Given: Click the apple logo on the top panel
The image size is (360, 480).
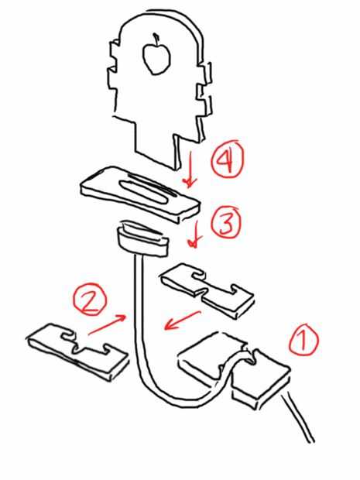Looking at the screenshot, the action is pos(156,57).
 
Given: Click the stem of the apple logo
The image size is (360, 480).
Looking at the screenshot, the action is pos(156,39).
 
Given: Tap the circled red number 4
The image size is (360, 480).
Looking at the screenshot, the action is pos(228,160).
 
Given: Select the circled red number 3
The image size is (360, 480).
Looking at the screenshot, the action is pos(227,222).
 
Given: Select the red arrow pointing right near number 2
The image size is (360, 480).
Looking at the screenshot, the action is pos(107,324).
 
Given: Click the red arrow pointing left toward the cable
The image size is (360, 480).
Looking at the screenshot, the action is pos(182,321).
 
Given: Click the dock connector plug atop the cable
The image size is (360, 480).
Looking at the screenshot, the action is pos(142,238).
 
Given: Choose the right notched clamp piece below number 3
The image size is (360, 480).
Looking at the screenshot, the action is pos(207,290).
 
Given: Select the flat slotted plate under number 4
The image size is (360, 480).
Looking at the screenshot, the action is pos(139,194).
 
